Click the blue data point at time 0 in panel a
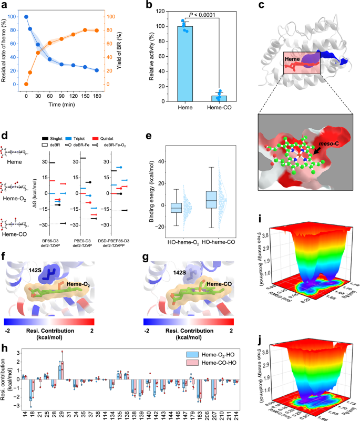[x=26, y=17]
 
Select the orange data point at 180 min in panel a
[x=96, y=30]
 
